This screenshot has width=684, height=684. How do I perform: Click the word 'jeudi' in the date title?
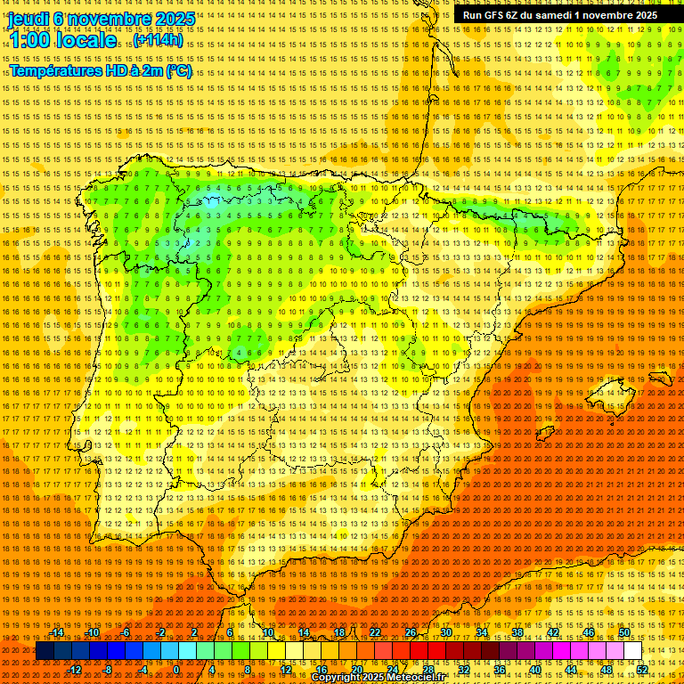tap(28, 19)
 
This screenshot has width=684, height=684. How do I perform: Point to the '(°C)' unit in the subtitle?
tap(177, 70)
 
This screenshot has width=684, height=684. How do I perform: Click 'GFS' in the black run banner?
tap(495, 15)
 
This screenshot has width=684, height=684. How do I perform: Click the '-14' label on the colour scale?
tap(58, 632)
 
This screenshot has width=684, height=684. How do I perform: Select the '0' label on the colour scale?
tap(176, 670)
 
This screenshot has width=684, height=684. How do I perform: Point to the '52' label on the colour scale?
tap(642, 670)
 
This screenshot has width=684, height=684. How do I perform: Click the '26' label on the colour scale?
tap(410, 632)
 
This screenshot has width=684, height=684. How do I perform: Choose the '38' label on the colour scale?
tap(517, 632)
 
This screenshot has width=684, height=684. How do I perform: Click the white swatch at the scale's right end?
tap(632, 651)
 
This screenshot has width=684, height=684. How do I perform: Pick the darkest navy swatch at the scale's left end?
tap(45, 651)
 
